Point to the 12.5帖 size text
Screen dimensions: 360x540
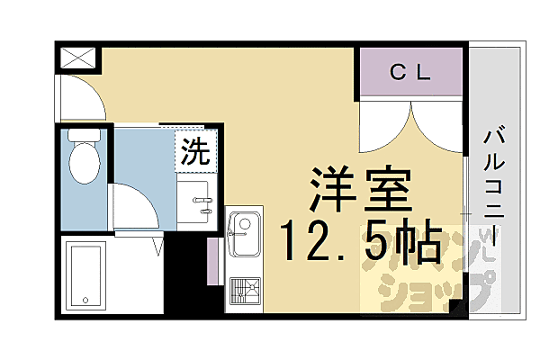[359, 240]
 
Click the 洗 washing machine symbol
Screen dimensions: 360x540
[195, 150]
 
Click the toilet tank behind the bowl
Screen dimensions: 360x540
[84, 137]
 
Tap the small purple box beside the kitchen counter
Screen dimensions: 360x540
[213, 262]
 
